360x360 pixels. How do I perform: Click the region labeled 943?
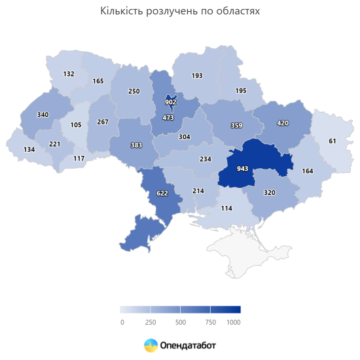coord(242,168)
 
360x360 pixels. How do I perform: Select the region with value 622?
coord(162,193)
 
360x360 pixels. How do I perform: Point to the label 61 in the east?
coord(333,141)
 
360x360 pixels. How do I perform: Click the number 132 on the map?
coord(69,74)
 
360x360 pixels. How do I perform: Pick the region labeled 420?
coord(283,122)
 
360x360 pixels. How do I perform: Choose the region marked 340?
coord(43,115)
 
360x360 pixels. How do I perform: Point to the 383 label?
coord(135,144)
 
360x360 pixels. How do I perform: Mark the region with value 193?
coord(197,76)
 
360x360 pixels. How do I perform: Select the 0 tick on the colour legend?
coord(122,322)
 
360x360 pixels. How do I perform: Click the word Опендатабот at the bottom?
coord(188,344)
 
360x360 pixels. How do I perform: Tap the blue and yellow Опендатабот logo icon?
coord(151,344)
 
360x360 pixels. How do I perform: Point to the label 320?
coord(269,193)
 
